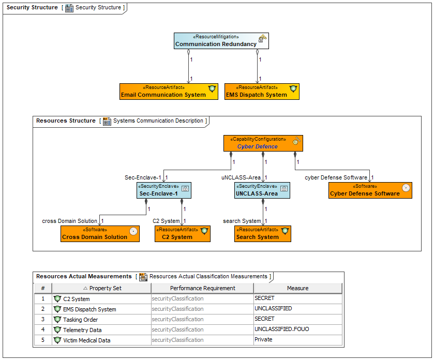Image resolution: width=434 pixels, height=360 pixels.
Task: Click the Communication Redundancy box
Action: point(221,41)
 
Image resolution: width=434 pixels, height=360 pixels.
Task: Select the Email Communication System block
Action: point(169,92)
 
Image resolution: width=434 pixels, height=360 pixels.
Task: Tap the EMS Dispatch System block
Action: point(262,92)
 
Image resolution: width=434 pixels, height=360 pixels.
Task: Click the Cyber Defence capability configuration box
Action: point(263,143)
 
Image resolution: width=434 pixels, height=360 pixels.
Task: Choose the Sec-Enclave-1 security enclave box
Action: point(164,190)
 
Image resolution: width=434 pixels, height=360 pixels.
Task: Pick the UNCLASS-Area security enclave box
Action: point(262,190)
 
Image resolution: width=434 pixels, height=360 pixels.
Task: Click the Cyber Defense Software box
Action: point(370,190)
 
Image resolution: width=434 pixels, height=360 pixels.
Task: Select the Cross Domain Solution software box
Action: point(100,234)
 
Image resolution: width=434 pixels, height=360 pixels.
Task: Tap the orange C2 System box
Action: point(183,234)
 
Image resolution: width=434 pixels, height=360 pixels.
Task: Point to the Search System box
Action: point(263,234)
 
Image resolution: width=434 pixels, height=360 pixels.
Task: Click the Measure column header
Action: point(298,288)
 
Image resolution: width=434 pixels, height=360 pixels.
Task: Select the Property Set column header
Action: point(101,288)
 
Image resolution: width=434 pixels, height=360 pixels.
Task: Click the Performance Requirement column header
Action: point(203,288)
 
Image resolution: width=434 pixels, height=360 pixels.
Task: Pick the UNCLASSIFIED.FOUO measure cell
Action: point(298,329)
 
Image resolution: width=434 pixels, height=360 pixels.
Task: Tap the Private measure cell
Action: point(298,339)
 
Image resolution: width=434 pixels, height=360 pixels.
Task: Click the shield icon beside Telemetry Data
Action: point(57,330)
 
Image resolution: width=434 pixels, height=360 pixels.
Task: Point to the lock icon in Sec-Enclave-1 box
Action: point(185,188)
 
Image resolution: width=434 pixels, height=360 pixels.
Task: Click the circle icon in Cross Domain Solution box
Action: point(133,231)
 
